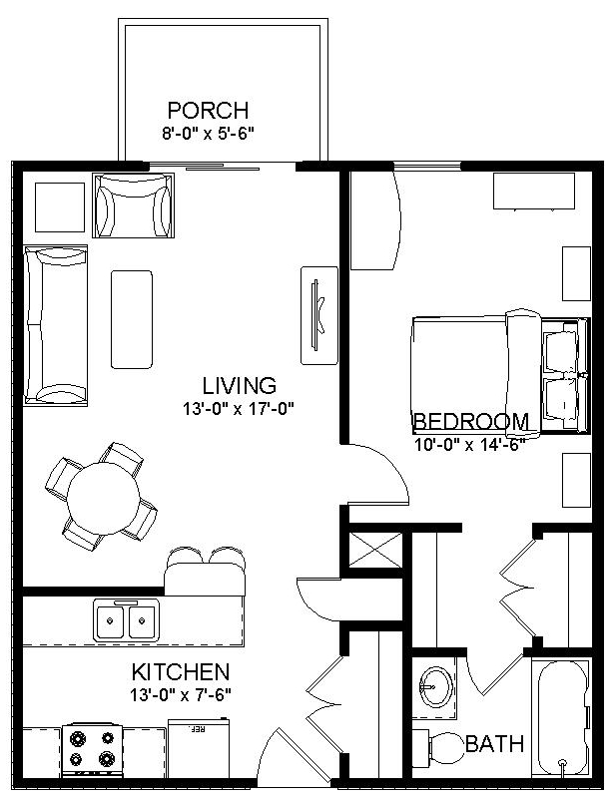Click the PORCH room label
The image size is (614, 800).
208,110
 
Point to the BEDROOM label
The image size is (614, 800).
470,420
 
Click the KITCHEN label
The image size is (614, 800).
181,672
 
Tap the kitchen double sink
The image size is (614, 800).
127,620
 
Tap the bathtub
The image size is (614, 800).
564,718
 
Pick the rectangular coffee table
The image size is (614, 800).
132,318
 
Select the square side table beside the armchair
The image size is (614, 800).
60,205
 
